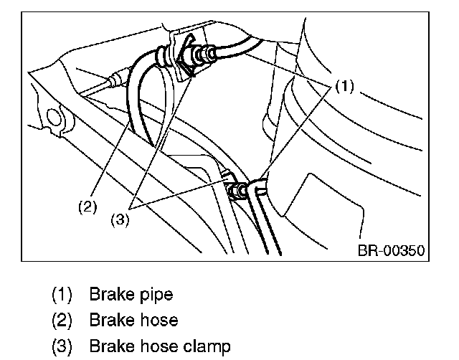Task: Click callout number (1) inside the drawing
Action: click(x=344, y=86)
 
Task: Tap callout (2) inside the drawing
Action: click(x=87, y=207)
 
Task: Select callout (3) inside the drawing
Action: click(x=120, y=219)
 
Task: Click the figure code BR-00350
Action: click(x=391, y=250)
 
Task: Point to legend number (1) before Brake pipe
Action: click(x=62, y=295)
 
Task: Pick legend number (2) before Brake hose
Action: click(x=62, y=320)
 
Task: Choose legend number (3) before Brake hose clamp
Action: click(x=62, y=346)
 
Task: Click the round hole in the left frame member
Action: click(x=55, y=118)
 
